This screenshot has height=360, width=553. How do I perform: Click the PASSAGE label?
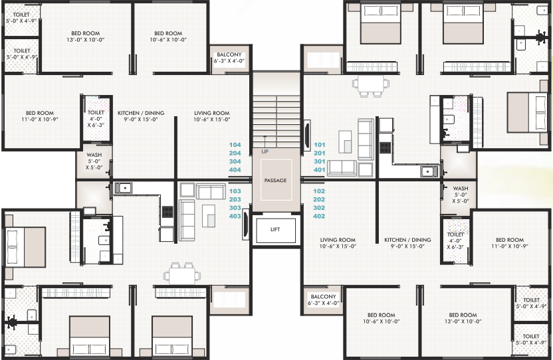point(275,180)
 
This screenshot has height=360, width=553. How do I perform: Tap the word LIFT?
point(275,229)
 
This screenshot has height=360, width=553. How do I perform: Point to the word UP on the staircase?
point(265,151)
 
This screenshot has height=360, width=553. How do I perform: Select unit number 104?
point(235,144)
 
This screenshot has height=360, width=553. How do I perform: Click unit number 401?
point(320,169)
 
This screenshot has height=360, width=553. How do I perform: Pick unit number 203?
point(235,199)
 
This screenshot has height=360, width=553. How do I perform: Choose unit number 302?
point(320,207)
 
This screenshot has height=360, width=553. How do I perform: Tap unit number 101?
point(320,144)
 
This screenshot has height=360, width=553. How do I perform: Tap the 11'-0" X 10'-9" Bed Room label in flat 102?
point(510,243)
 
